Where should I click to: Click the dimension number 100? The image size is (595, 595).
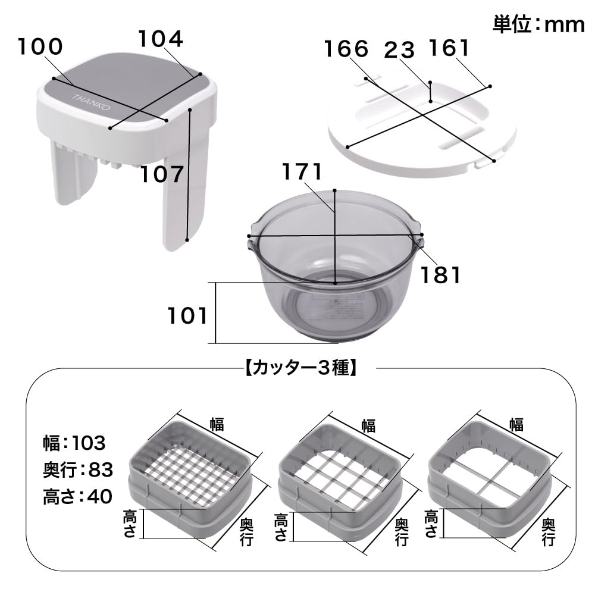[40, 46]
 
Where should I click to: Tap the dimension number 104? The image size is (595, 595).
[161, 39]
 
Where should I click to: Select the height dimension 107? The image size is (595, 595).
[162, 174]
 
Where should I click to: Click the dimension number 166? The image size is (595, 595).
[346, 49]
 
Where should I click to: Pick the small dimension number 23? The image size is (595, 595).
[399, 50]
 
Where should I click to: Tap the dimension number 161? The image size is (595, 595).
[449, 49]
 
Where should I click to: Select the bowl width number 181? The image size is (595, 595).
[440, 275]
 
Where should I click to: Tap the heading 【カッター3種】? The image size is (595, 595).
[300, 368]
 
